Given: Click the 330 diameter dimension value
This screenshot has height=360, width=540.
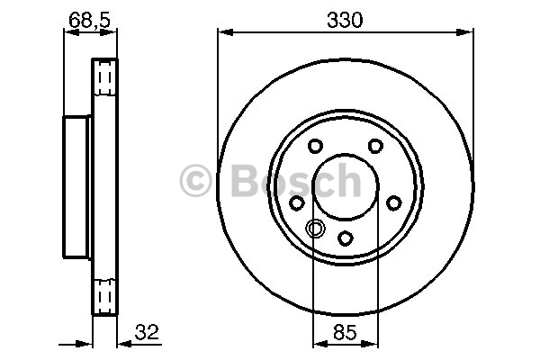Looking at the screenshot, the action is tap(345, 20).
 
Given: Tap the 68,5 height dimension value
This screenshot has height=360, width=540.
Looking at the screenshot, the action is tap(89, 20).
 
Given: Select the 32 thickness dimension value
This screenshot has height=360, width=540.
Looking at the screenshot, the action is tap(147, 332).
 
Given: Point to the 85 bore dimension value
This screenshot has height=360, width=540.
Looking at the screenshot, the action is tap(345, 332).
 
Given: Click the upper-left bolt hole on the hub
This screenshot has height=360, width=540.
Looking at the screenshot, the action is tap(315, 146).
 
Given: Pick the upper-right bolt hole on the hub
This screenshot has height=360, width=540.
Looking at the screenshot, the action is tap(375, 146).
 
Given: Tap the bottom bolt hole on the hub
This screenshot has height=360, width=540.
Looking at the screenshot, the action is tap(345, 238).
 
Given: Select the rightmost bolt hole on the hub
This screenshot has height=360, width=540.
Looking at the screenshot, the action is tap(393, 202).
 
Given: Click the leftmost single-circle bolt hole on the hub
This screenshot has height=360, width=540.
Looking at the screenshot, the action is tap(296, 202).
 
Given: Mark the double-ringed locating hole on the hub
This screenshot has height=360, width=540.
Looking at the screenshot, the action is tap(315, 228).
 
